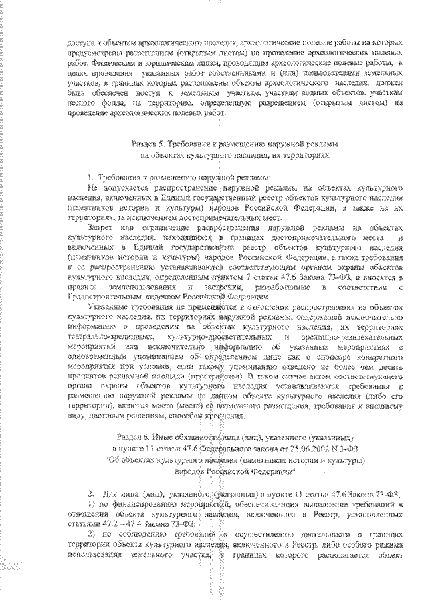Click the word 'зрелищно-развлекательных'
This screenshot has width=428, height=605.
coord(351,338)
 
